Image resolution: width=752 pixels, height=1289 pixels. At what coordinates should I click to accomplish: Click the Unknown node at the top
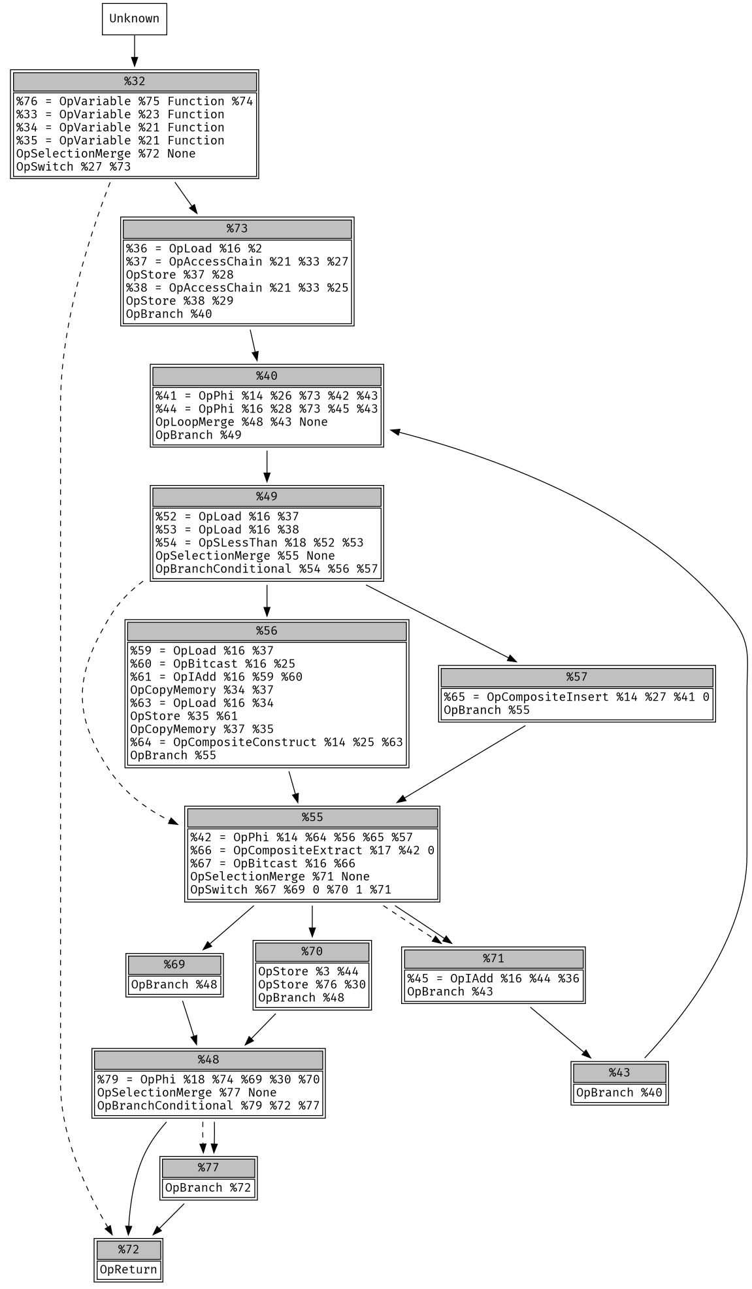(x=134, y=19)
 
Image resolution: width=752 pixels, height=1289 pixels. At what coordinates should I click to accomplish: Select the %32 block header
(x=135, y=82)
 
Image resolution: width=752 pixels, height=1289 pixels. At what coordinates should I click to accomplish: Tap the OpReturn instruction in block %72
(x=128, y=1269)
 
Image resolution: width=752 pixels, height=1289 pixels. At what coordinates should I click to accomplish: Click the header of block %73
(x=237, y=229)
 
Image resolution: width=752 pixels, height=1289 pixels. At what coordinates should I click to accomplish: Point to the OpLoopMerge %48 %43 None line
(x=241, y=422)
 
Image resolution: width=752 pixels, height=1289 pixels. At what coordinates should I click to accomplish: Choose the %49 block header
(x=267, y=497)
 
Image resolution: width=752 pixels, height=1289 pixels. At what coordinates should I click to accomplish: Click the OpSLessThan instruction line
(x=259, y=543)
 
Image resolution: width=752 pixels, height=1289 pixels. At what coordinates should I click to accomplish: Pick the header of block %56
(x=267, y=631)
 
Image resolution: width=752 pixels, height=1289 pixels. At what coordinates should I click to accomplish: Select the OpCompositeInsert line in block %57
(x=576, y=697)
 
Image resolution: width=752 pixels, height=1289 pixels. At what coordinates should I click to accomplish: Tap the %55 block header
(x=312, y=818)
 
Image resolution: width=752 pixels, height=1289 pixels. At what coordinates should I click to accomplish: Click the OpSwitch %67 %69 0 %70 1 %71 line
(x=290, y=890)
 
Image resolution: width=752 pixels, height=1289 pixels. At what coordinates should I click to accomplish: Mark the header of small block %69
(x=174, y=965)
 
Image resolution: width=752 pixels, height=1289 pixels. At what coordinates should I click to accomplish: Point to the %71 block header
(x=493, y=958)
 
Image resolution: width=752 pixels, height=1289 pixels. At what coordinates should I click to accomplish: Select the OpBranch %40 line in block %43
(x=619, y=1092)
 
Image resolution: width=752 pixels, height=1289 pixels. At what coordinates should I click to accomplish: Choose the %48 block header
(x=208, y=1060)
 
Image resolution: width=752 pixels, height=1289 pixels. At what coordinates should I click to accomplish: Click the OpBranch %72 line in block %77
(x=208, y=1188)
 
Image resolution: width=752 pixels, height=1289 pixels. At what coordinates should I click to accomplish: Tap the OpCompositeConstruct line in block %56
(x=266, y=742)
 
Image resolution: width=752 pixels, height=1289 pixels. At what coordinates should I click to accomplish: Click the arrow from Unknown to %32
(x=135, y=51)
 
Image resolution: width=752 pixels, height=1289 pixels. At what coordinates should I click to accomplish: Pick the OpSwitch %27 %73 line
(x=73, y=167)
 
